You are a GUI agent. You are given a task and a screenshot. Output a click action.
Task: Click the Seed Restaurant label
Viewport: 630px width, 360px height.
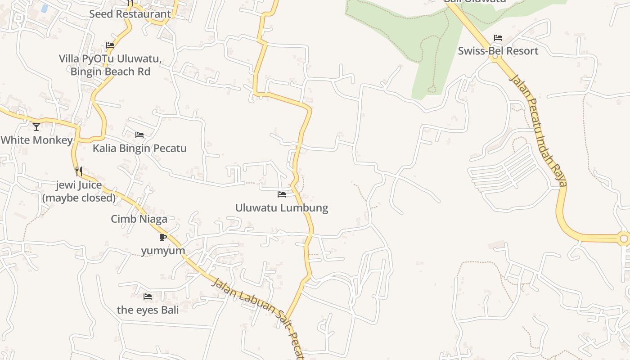130,14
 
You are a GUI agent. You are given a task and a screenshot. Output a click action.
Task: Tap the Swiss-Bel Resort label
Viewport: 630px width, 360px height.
498,51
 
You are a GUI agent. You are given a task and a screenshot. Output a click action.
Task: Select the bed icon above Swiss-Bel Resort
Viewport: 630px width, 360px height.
498,38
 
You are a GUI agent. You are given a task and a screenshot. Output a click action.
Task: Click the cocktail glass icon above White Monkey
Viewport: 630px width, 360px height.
36,127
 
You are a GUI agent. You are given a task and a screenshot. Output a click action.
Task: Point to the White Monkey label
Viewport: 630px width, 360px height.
36,140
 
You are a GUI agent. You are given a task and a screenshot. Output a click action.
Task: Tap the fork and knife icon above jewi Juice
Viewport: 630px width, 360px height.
79,171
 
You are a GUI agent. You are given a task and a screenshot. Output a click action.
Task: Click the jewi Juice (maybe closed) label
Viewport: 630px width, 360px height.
79,191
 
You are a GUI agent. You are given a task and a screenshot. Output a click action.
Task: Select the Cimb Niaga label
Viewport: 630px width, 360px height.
139,219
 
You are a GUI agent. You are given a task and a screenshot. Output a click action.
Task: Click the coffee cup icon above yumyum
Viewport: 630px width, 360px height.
163,237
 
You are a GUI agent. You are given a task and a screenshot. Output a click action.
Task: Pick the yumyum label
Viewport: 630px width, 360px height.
163,251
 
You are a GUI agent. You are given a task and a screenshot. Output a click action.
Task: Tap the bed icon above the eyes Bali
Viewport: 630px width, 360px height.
147,297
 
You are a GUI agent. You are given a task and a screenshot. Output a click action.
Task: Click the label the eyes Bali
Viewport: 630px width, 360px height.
148,310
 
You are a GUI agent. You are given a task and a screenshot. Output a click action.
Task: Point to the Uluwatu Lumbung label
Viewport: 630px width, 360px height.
282,208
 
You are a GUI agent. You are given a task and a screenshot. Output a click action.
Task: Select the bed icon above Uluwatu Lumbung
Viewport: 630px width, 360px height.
282,194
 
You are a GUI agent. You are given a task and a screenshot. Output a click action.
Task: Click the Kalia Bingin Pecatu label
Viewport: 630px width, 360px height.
139,148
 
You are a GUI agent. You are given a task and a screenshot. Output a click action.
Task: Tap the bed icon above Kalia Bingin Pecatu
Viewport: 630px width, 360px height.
139,135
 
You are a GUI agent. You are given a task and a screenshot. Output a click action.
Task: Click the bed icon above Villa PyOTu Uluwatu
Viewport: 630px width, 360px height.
110,45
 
